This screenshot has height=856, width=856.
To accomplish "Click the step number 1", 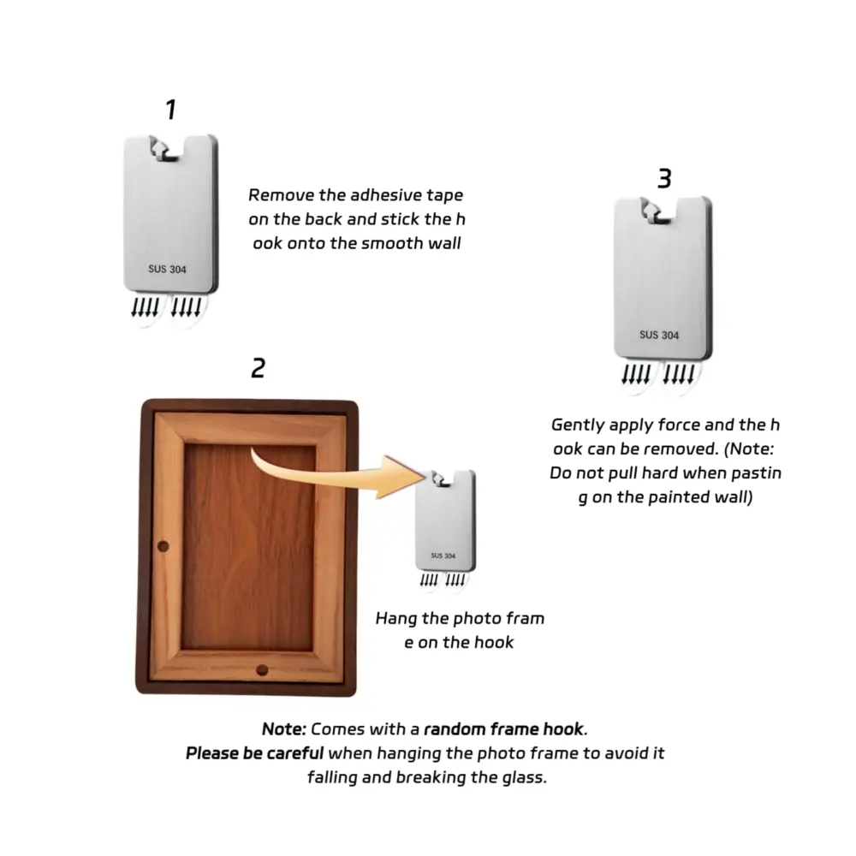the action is coord(171,110).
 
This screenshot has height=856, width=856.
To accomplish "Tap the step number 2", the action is coord(259,368).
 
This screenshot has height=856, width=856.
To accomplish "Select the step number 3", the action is coord(664,179).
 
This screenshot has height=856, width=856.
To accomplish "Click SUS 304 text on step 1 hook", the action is coord(167,269).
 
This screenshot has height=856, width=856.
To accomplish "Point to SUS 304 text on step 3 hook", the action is coord(659,336).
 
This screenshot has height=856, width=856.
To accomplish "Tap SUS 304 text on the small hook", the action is coord(443,556).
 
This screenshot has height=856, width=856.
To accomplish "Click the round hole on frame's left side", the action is coord(163,546).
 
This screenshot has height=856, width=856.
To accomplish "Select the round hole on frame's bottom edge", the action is coord(262,670).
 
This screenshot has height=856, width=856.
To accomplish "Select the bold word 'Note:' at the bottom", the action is coord(284,728).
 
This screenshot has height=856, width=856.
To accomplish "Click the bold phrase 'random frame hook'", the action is coord(504,728).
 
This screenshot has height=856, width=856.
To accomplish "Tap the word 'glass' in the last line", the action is coord(522,778).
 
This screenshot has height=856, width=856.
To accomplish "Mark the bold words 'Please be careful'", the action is coord(254,752).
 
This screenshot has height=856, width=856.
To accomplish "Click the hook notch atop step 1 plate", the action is coord(166,149).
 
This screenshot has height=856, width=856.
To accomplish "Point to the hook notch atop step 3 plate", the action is coord(657,211).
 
